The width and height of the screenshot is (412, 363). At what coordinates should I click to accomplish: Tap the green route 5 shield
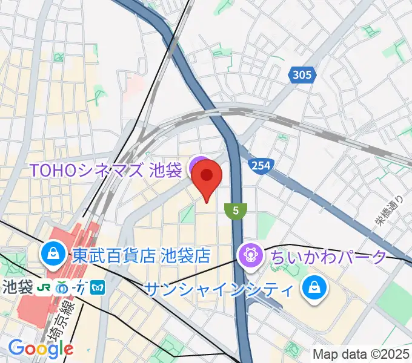[x=235, y=211]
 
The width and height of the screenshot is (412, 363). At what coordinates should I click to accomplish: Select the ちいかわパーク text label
[x=328, y=257]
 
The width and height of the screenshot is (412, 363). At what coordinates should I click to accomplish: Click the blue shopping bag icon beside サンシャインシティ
[x=315, y=287]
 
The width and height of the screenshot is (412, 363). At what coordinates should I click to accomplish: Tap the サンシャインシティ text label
[x=221, y=289]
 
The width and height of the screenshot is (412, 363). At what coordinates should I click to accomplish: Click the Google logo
[x=41, y=348]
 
